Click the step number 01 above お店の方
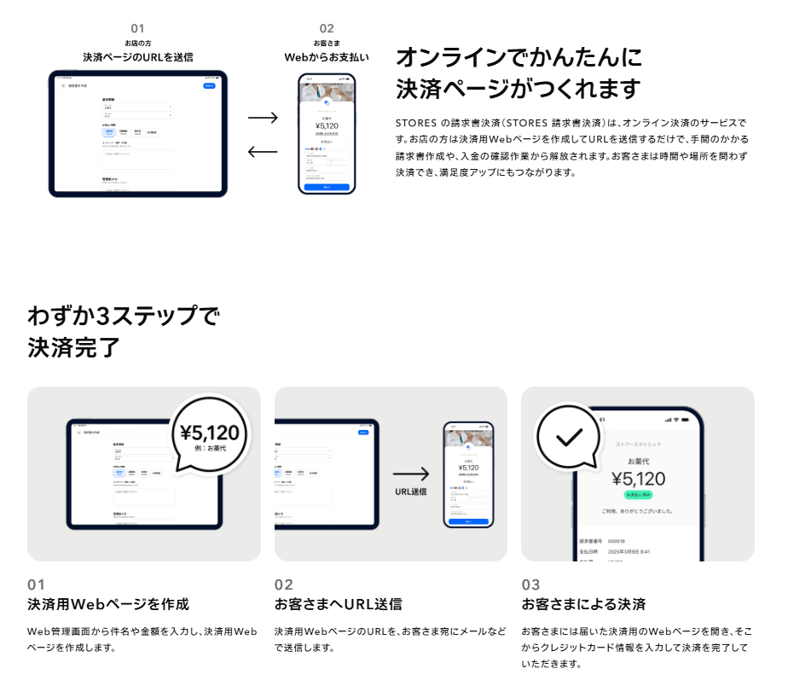click(x=137, y=28)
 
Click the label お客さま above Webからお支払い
click(x=327, y=43)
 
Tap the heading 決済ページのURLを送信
click(x=137, y=57)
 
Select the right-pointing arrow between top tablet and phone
click(x=263, y=118)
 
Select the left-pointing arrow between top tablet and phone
click(x=263, y=152)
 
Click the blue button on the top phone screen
click(x=327, y=186)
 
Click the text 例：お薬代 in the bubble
click(x=211, y=449)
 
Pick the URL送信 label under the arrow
click(x=411, y=491)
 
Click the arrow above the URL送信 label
click(x=411, y=474)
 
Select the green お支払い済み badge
click(x=639, y=495)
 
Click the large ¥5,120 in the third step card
click(x=638, y=479)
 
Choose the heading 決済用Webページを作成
click(x=108, y=604)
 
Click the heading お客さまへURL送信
click(x=339, y=604)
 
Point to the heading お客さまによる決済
click(x=583, y=604)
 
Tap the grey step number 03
click(x=530, y=585)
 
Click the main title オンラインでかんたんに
click(x=519, y=58)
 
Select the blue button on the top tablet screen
click(x=209, y=86)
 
